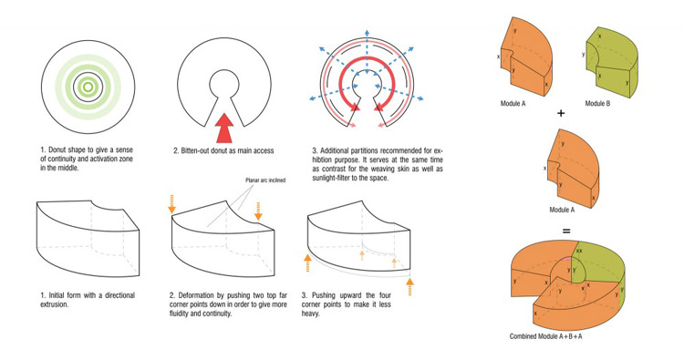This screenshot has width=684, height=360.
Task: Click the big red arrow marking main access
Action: click(224, 129)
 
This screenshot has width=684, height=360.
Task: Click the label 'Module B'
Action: click(597, 104)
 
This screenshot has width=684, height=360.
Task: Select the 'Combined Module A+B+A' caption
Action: click(545, 336)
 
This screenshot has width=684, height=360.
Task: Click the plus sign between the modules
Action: click(561, 113)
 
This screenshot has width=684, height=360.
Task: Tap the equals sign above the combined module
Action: click(566, 231)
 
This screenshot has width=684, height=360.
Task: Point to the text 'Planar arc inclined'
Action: click(265, 180)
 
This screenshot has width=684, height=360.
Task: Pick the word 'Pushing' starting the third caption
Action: click(326, 295)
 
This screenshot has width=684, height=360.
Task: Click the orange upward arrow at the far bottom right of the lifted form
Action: click(409, 287)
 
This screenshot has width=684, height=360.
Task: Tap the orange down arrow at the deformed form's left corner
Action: click(171, 204)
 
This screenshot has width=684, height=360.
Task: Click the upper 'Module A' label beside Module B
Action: click(513, 104)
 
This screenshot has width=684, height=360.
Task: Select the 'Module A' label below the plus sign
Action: click(562, 210)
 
